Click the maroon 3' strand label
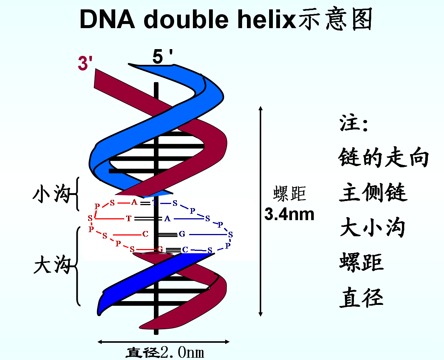point(85,63)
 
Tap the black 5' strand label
point(162,57)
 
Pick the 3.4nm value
point(289,214)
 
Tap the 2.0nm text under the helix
point(182,352)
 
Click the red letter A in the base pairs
point(134,202)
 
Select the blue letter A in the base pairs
point(167,219)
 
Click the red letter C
point(145,234)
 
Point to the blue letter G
point(182,234)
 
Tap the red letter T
point(129,219)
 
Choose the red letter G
point(160,249)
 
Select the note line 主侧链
point(373,192)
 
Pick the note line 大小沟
point(372,228)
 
